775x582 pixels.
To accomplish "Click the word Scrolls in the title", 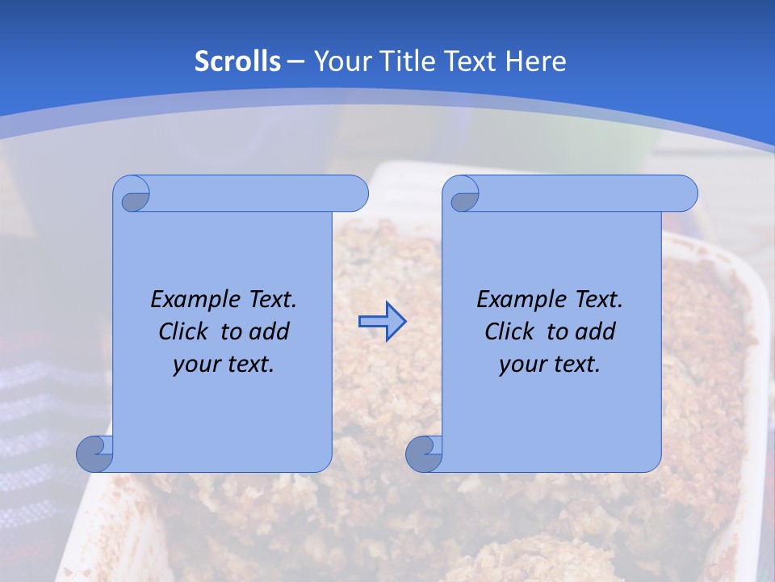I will click(237, 61).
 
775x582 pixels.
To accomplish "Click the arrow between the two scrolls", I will click(382, 322).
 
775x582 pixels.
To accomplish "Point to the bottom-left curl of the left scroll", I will click(95, 454).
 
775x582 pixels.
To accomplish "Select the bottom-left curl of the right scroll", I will click(425, 454).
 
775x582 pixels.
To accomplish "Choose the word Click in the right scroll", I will click(509, 332).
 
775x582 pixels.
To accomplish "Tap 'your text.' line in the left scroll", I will click(224, 365).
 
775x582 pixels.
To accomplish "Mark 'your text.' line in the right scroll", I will click(550, 365).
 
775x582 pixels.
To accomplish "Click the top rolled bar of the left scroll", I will click(258, 193).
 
